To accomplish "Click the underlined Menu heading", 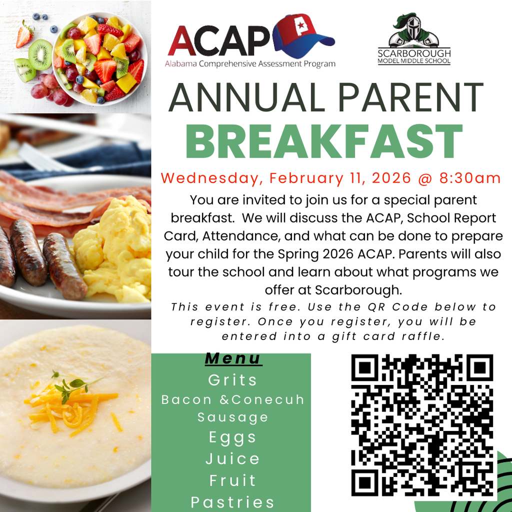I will [x=233, y=358].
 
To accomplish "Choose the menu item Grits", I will [x=232, y=380].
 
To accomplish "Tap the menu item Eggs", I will [x=232, y=437].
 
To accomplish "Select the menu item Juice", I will [x=232, y=459].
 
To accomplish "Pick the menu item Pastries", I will [x=232, y=501].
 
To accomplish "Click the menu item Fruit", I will [x=232, y=480].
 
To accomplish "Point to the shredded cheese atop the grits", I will [x=70, y=405].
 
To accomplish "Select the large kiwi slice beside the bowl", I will [x=40, y=54].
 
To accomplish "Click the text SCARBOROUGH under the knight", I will [x=414, y=53].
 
